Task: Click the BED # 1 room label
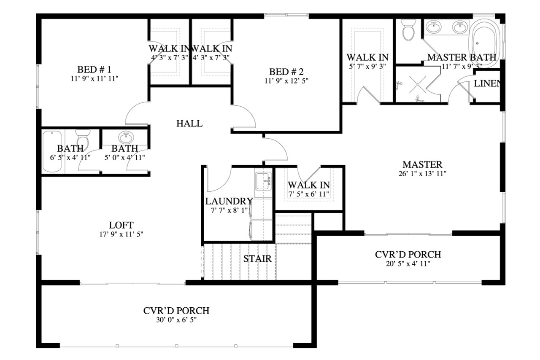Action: click(94, 69)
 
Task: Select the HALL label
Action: click(189, 124)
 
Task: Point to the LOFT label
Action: click(121, 225)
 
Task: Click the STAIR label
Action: click(257, 258)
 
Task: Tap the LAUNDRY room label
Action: click(229, 201)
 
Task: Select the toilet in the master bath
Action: click(408, 32)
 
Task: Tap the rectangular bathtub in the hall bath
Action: click(52, 151)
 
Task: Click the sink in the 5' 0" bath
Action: click(125, 137)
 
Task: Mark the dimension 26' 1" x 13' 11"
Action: click(422, 173)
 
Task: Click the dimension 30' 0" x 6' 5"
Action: click(176, 320)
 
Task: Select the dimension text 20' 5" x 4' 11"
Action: click(408, 264)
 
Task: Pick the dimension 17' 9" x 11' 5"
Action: click(121, 234)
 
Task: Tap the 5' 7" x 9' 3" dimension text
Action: click(367, 66)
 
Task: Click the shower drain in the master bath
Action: click(417, 84)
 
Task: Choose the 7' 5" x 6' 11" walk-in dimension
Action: click(309, 194)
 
